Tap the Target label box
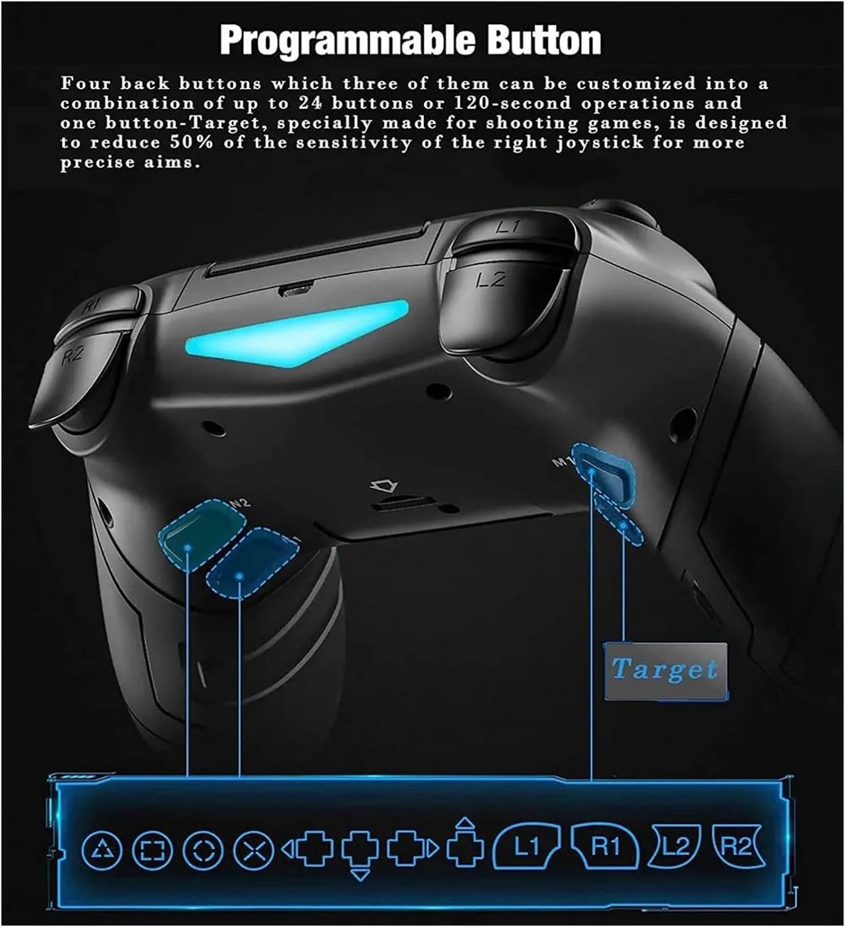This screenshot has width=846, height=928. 665,670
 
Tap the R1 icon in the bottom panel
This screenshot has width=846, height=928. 605,847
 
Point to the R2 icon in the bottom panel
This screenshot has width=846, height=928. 736,846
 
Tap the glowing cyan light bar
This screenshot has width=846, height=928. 297,334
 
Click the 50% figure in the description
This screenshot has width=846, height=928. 189,143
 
